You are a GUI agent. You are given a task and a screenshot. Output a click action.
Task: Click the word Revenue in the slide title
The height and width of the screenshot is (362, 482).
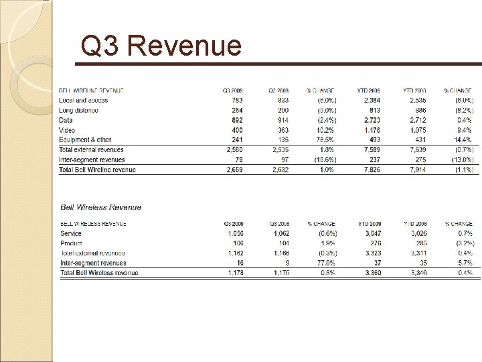183,46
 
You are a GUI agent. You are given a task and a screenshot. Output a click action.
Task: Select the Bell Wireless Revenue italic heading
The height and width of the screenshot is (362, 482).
101,208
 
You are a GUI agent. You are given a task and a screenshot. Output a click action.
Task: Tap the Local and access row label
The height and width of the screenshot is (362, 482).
83,100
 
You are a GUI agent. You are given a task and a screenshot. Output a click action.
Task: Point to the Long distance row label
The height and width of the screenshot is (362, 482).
79,110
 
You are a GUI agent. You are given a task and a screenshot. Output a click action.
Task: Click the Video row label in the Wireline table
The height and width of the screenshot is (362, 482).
67,130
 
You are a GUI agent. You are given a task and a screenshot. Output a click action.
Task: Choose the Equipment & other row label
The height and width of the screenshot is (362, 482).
85,140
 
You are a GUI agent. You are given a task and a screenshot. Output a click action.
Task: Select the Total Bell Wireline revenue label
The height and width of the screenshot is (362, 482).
98,170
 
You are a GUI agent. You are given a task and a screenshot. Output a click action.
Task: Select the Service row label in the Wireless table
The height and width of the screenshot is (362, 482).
71,233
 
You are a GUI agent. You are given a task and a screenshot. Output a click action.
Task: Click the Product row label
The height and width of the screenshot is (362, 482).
71,243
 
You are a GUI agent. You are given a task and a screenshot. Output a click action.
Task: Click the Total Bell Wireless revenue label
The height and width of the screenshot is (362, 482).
99,273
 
